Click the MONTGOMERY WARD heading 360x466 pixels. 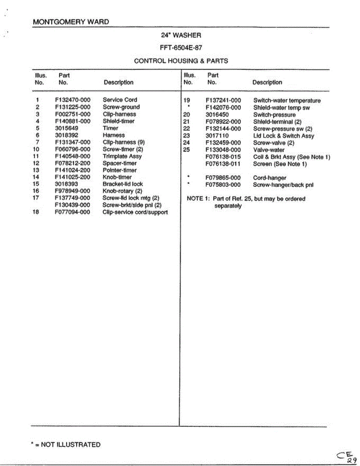pyautogui.click(x=71, y=22)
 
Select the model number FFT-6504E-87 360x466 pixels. pyautogui.click(x=181, y=48)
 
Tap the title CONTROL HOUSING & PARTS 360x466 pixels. pyautogui.click(x=181, y=61)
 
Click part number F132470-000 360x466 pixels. pyautogui.click(x=73, y=100)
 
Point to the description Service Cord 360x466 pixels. pyautogui.click(x=120, y=100)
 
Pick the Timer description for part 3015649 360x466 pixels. pyautogui.click(x=110, y=128)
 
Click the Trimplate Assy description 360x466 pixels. pyautogui.click(x=122, y=156)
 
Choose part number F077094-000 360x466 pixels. pyautogui.click(x=73, y=212)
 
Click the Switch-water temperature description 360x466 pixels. pyautogui.click(x=287, y=101)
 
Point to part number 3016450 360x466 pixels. pyautogui.click(x=217, y=115)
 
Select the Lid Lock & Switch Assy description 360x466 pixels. pyautogui.click(x=283, y=136)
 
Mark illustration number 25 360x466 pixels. pyautogui.click(x=186, y=150)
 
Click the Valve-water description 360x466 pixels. pyautogui.click(x=269, y=150)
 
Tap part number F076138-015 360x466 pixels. pyautogui.click(x=223, y=157)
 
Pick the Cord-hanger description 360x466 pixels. pyautogui.click(x=270, y=178)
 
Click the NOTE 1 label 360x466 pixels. pyautogui.click(x=198, y=199)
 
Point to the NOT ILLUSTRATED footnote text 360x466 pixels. pyautogui.click(x=70, y=445)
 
